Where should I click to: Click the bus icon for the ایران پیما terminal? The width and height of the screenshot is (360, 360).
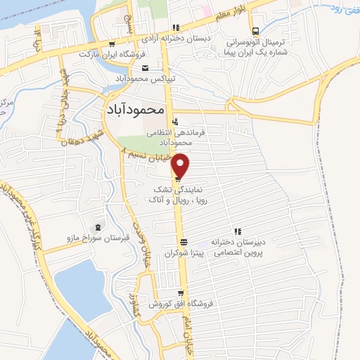[x=255, y=30]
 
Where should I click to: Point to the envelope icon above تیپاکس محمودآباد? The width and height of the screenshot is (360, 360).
[x=145, y=67]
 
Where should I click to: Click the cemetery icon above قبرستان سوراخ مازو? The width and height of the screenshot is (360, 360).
[x=97, y=227]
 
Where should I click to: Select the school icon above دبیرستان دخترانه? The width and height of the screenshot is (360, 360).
[x=238, y=231]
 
